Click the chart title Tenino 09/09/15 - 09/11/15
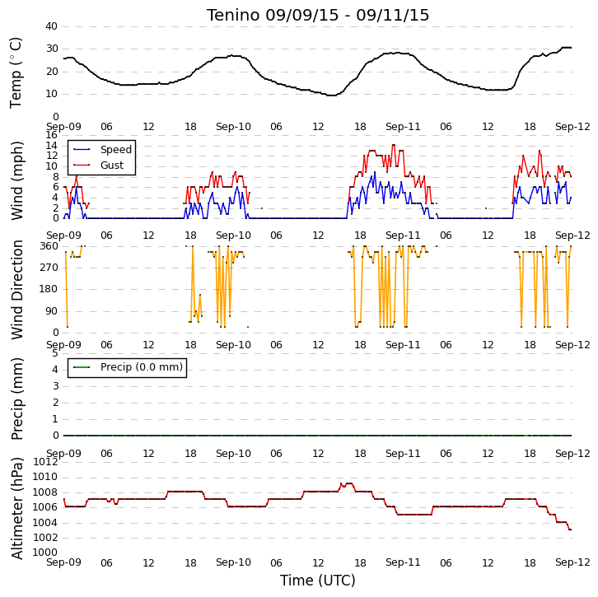[318, 16]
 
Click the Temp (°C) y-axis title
[16, 72]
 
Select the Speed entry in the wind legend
[102, 149]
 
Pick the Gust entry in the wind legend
[98, 165]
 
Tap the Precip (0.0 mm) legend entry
[128, 367]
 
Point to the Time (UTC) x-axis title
[318, 581]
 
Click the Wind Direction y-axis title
[16, 290]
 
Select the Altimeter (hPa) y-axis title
[16, 509]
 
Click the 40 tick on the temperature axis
[51, 26]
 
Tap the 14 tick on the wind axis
[51, 145]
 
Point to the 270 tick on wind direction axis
[49, 268]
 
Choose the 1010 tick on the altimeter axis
[45, 477]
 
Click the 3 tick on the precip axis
[56, 386]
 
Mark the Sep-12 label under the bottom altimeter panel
[572, 562]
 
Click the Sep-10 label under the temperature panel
[233, 127]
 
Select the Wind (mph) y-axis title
[16, 180]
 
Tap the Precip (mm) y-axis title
[16, 399]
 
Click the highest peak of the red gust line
[394, 145]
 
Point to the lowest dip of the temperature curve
[332, 96]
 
